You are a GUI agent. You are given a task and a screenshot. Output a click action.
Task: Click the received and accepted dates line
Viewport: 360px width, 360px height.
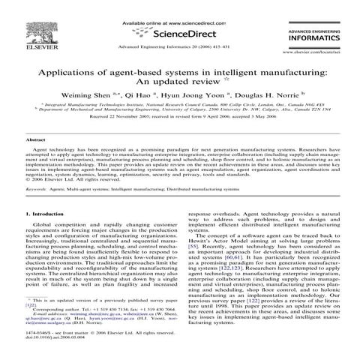pos(179,118)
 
